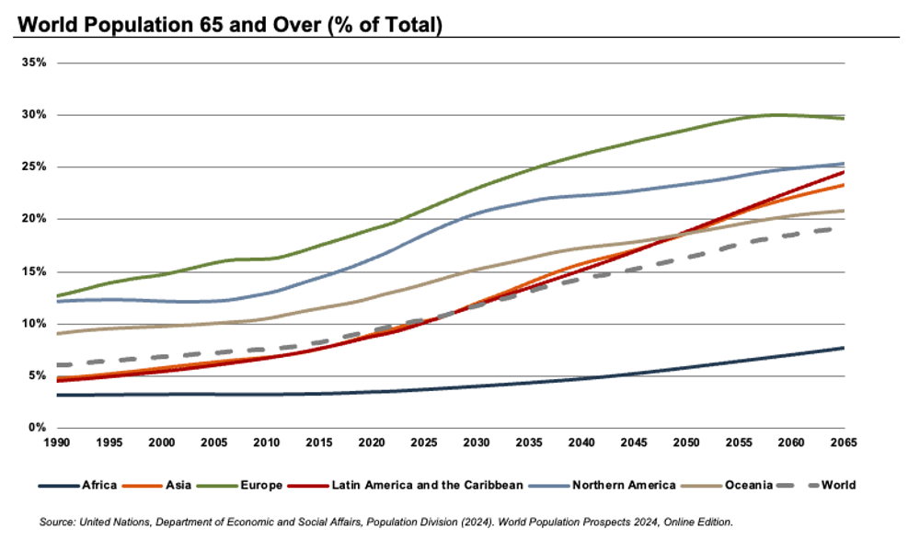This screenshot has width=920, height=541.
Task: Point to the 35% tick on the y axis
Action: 35,63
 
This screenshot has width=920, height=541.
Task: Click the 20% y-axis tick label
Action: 35,219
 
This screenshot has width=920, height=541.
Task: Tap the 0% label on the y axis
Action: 39,428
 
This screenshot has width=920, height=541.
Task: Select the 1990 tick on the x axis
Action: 57,443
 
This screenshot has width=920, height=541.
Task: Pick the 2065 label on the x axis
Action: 844,443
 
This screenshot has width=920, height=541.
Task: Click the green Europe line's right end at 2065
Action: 844,119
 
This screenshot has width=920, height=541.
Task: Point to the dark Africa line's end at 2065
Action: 844,348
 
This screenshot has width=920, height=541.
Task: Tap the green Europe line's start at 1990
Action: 57,296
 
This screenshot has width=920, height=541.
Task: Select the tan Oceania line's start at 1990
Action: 57,333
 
